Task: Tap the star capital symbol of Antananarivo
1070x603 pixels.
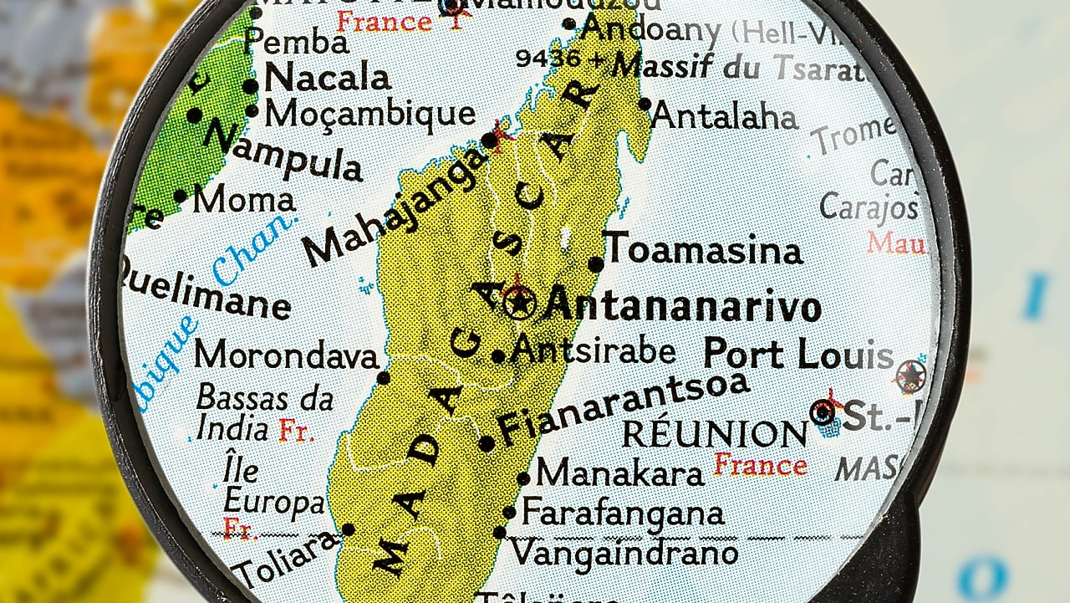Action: (520, 301)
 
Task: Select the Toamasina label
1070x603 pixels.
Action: (703, 249)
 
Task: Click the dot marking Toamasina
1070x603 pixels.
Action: (595, 264)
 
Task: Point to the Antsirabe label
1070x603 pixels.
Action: (594, 350)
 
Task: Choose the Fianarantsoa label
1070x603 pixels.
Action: (623, 407)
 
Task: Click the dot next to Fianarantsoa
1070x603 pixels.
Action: (487, 443)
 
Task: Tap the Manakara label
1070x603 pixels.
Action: (620, 473)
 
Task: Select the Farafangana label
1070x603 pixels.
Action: (623, 512)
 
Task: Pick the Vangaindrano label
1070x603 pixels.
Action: (624, 552)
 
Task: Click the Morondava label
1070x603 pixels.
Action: (287, 355)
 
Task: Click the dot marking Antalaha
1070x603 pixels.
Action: (645, 105)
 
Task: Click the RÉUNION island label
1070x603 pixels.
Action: (716, 434)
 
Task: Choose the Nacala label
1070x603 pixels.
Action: (327, 79)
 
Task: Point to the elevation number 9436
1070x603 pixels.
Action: (548, 58)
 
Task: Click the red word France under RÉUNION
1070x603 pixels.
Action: (761, 464)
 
